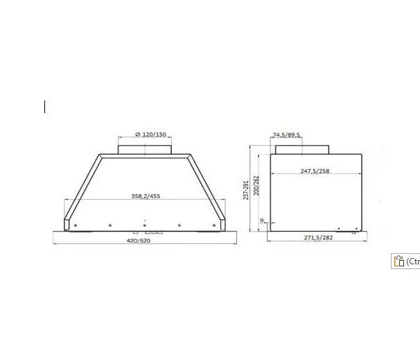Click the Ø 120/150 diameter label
coord(151,135)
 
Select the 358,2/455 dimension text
coord(146,196)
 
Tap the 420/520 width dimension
coord(138,241)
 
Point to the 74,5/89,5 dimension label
coord(286,135)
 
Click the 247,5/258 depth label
coord(315,171)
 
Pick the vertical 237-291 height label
coord(246,190)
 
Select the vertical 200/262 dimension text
coord(256,185)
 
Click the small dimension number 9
coord(262,221)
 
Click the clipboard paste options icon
coord(399,261)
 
